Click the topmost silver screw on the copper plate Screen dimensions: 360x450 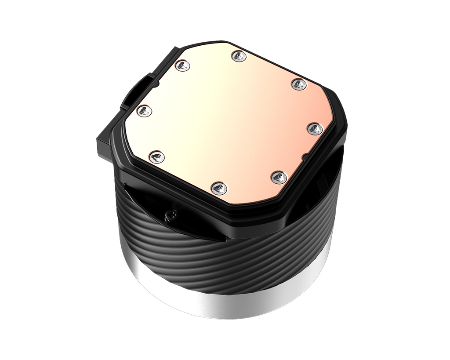click(x=238, y=56)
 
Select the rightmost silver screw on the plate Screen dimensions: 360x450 click(x=315, y=129)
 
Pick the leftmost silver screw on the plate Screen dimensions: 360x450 click(x=143, y=110)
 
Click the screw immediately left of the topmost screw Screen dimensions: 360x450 click(x=182, y=66)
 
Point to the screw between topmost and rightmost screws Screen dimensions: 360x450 click(x=298, y=84)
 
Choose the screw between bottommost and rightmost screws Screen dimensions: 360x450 click(x=279, y=178)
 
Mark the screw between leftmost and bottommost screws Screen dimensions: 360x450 click(x=156, y=156)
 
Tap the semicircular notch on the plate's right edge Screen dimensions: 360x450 click(x=305, y=157)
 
